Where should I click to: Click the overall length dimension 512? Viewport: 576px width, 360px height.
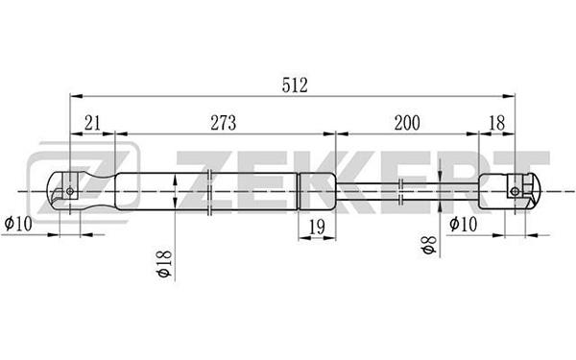pyautogui.click(x=295, y=85)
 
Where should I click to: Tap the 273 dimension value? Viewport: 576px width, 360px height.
pyautogui.click(x=224, y=123)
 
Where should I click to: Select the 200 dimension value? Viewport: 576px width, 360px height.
pyautogui.click(x=407, y=123)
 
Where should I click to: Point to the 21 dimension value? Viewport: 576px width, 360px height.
pyautogui.click(x=92, y=123)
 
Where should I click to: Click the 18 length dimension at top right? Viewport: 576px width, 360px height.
pyautogui.click(x=497, y=123)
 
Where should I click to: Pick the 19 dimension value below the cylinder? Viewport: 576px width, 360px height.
pyautogui.click(x=317, y=227)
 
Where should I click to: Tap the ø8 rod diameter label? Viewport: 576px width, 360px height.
pyautogui.click(x=429, y=245)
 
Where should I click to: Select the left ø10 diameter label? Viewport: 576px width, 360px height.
pyautogui.click(x=18, y=224)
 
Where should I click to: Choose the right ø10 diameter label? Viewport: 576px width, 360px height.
pyautogui.click(x=464, y=224)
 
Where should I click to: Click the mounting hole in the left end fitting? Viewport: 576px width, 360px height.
pyautogui.click(x=70, y=191)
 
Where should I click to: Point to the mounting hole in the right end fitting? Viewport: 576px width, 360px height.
pyautogui.click(x=515, y=191)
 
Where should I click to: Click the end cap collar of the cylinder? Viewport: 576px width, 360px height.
pyautogui.click(x=317, y=191)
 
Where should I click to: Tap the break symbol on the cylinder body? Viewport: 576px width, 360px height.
pyautogui.click(x=209, y=192)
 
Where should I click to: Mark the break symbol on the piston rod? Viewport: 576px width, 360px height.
pyautogui.click(x=401, y=191)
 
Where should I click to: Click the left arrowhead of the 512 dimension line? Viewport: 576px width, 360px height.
pyautogui.click(x=76, y=96)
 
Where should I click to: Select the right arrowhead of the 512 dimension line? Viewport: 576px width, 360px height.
pyautogui.click(x=509, y=96)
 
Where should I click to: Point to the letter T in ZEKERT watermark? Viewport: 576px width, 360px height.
pyautogui.click(x=529, y=181)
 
